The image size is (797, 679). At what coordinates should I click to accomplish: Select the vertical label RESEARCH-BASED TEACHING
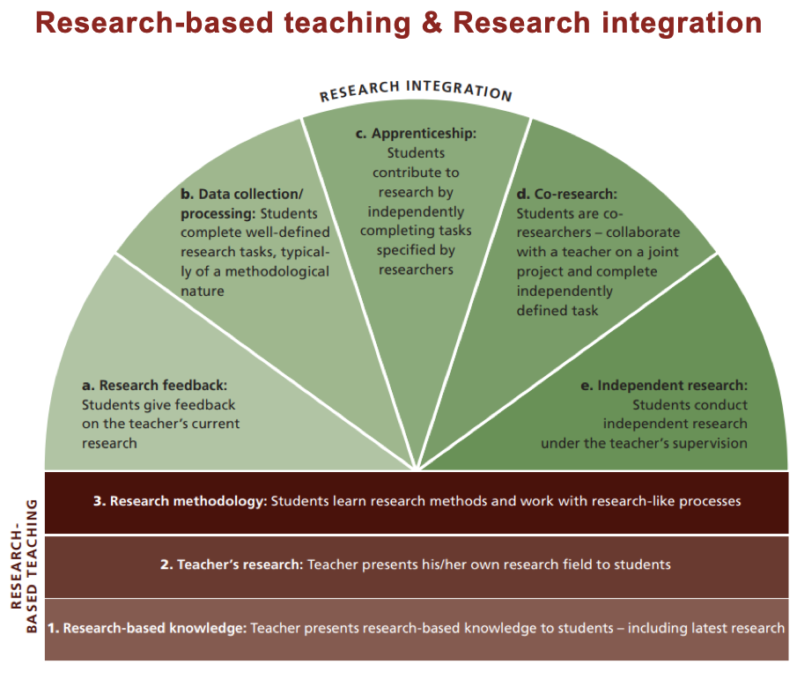pyautogui.click(x=26, y=568)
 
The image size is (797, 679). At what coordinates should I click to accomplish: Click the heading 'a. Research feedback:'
pyautogui.click(x=154, y=386)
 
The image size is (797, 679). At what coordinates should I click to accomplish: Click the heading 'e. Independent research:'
pyautogui.click(x=672, y=386)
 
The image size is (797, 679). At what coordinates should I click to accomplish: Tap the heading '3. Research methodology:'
pyautogui.click(x=180, y=501)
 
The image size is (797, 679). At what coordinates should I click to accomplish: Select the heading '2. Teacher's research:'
pyautogui.click(x=231, y=565)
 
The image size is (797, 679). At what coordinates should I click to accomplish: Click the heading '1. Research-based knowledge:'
pyautogui.click(x=147, y=628)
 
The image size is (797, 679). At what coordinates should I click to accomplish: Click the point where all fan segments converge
pyautogui.click(x=416, y=469)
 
